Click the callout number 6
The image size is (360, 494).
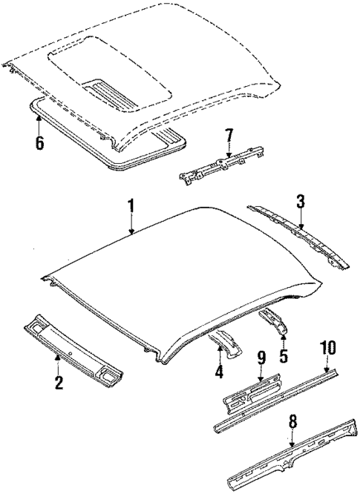tap(40, 141)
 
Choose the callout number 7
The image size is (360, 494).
tap(229, 136)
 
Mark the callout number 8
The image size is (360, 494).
tap(292, 423)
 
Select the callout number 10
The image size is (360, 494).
tap(327, 349)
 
